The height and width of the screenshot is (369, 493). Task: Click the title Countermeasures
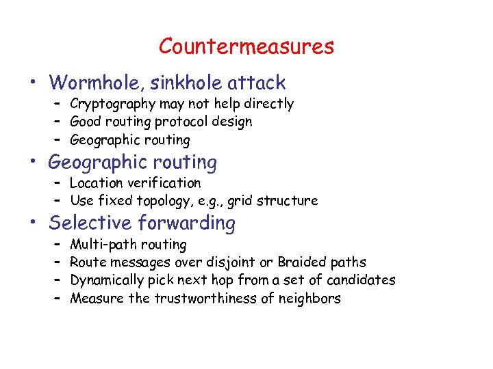click(246, 46)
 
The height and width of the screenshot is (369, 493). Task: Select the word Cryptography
click(113, 105)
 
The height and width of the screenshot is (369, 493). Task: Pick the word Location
click(97, 183)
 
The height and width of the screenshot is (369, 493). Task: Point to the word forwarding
click(186, 223)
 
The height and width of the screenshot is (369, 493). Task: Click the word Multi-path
click(105, 245)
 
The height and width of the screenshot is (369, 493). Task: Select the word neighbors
click(312, 299)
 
